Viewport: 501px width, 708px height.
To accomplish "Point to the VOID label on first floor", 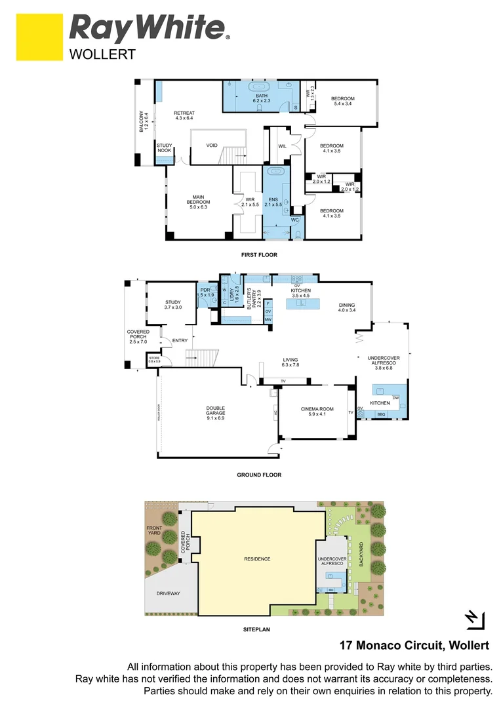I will pos(212,146).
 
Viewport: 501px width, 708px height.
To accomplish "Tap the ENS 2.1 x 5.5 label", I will pos(274,202).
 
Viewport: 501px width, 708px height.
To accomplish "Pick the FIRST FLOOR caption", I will pos(259,254).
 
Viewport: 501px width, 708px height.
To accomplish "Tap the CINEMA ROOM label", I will pos(317,411).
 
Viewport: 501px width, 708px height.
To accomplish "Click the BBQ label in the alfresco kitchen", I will pos(381,414).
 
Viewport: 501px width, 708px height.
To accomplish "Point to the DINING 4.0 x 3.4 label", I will pos(347,307).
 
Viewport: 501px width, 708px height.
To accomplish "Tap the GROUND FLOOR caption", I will pos(259,475).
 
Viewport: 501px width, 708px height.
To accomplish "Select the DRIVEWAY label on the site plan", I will pos(168,593).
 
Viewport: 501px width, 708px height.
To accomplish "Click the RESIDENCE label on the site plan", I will pos(257,559).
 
